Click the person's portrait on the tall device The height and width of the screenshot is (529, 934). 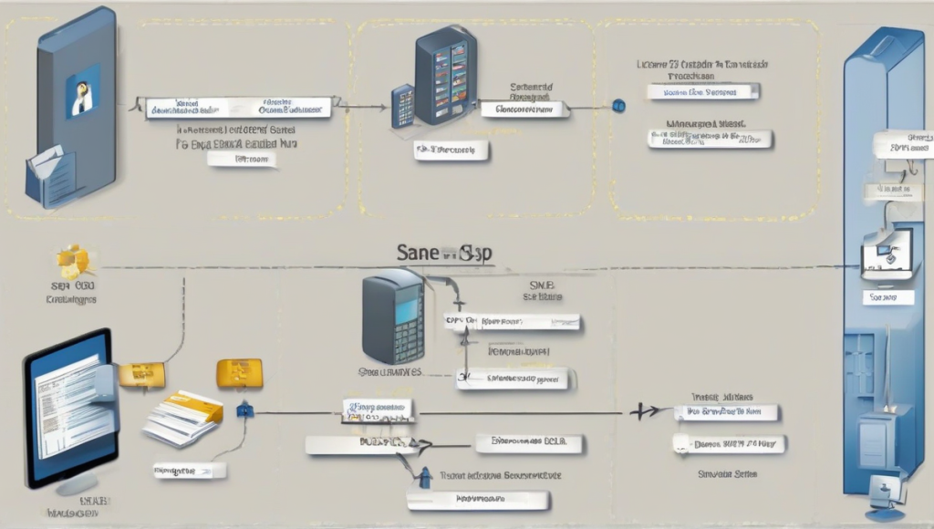coord(82,91)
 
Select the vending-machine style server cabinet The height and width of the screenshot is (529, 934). coord(446,75)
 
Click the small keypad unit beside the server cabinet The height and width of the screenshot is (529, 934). coord(402,106)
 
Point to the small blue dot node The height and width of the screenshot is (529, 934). coord(617,106)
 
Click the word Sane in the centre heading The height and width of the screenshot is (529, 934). coord(417,254)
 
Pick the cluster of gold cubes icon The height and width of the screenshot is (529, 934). coord(74,262)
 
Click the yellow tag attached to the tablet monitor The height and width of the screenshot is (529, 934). coord(141,373)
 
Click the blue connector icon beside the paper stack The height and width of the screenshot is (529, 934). coord(243,411)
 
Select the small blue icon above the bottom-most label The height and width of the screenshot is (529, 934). coord(424,476)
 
